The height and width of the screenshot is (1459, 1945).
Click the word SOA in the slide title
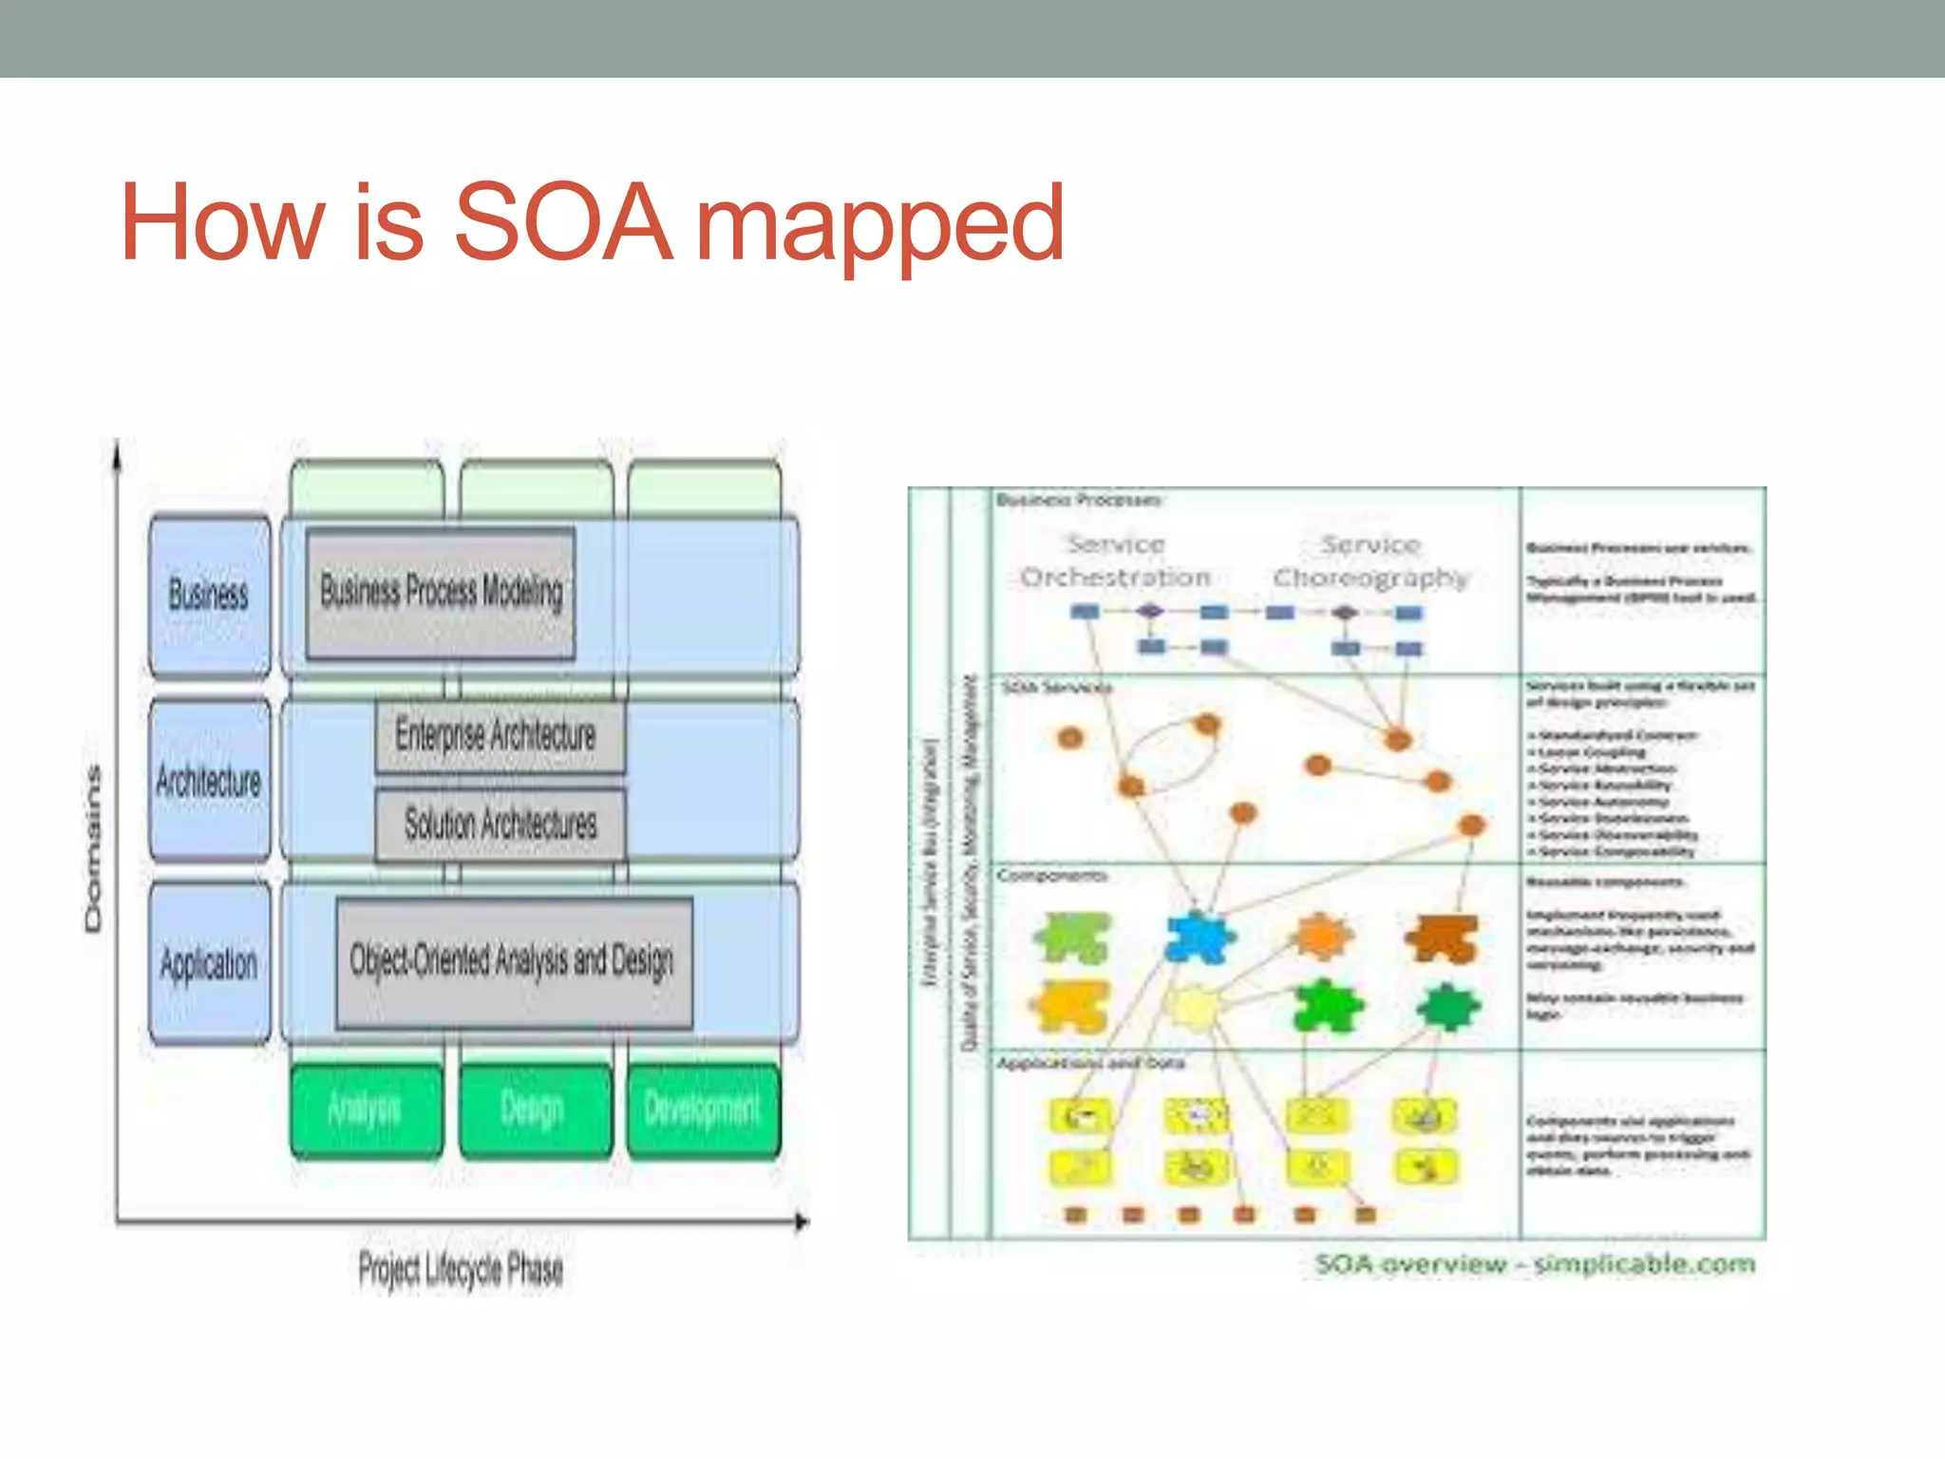(562, 223)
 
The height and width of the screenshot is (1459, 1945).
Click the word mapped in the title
(879, 228)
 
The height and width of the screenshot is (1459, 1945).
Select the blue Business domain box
(210, 596)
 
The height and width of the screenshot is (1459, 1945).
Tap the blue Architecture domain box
(210, 781)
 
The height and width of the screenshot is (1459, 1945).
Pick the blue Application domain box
(210, 963)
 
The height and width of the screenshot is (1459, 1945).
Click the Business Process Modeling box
(441, 593)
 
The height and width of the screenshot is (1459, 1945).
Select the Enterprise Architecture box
(499, 736)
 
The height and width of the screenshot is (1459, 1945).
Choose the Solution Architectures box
(500, 824)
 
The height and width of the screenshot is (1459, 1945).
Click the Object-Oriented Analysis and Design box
(513, 961)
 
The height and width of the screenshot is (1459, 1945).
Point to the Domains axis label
(92, 848)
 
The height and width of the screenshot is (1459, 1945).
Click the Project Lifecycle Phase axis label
(461, 1269)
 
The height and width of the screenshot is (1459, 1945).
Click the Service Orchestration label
(1115, 560)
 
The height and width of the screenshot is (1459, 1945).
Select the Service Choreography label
(1369, 560)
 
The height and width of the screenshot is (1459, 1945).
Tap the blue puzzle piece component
(1199, 937)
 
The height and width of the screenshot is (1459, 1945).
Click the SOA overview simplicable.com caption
(1535, 1264)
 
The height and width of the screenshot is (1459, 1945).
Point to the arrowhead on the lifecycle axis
(803, 1222)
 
